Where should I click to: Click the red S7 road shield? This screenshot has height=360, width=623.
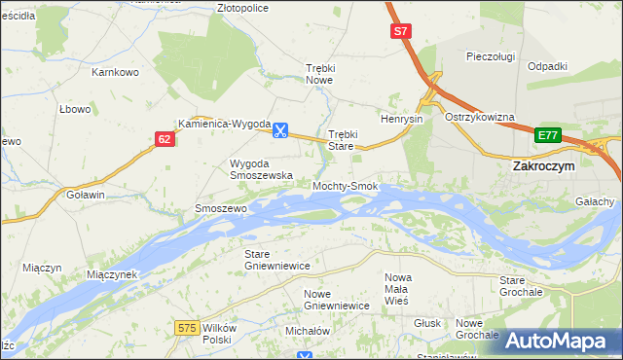pos(401,32)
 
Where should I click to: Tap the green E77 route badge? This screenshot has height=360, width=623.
pos(548,135)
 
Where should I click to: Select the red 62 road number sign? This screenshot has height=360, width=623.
pos(165,140)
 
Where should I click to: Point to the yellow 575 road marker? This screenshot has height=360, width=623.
pos(189,329)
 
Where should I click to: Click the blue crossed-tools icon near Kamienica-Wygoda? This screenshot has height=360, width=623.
pos(280,127)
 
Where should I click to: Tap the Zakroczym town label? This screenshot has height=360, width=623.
pos(544,166)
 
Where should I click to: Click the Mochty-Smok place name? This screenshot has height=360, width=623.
pos(345,186)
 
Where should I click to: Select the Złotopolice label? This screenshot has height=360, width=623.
pos(242,7)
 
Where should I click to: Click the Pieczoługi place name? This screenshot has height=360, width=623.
pos(490,56)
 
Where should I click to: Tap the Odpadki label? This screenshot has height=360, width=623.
pos(547,66)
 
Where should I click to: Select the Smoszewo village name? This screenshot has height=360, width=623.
pos(222,208)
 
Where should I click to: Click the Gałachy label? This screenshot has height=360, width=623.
pos(595,201)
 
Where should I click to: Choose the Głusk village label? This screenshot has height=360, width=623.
pos(427,322)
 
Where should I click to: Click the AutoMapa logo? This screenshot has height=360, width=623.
pos(559,341)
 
